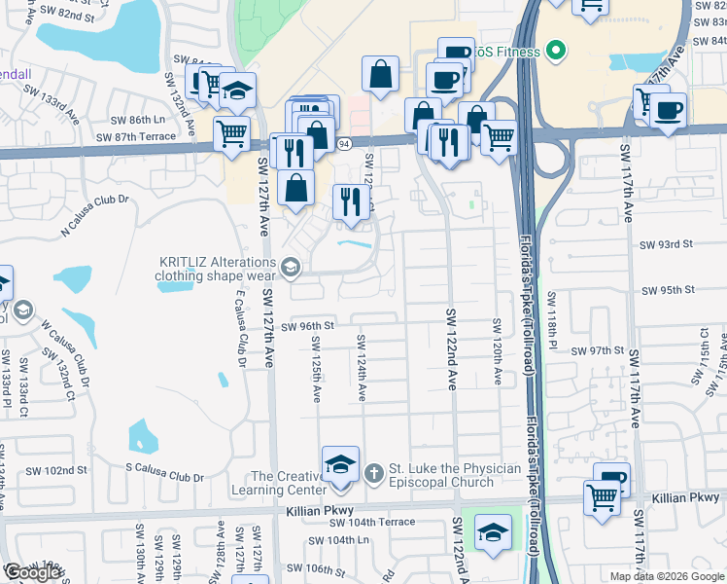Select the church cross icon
(x=372, y=473)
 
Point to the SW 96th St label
(x=307, y=327)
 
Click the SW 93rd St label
(x=668, y=244)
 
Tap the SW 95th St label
(x=669, y=290)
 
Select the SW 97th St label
(x=597, y=350)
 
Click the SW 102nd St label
(x=57, y=470)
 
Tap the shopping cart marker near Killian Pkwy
(x=602, y=497)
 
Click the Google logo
(x=31, y=572)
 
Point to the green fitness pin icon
(x=556, y=49)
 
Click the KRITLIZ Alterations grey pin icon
(x=290, y=267)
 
